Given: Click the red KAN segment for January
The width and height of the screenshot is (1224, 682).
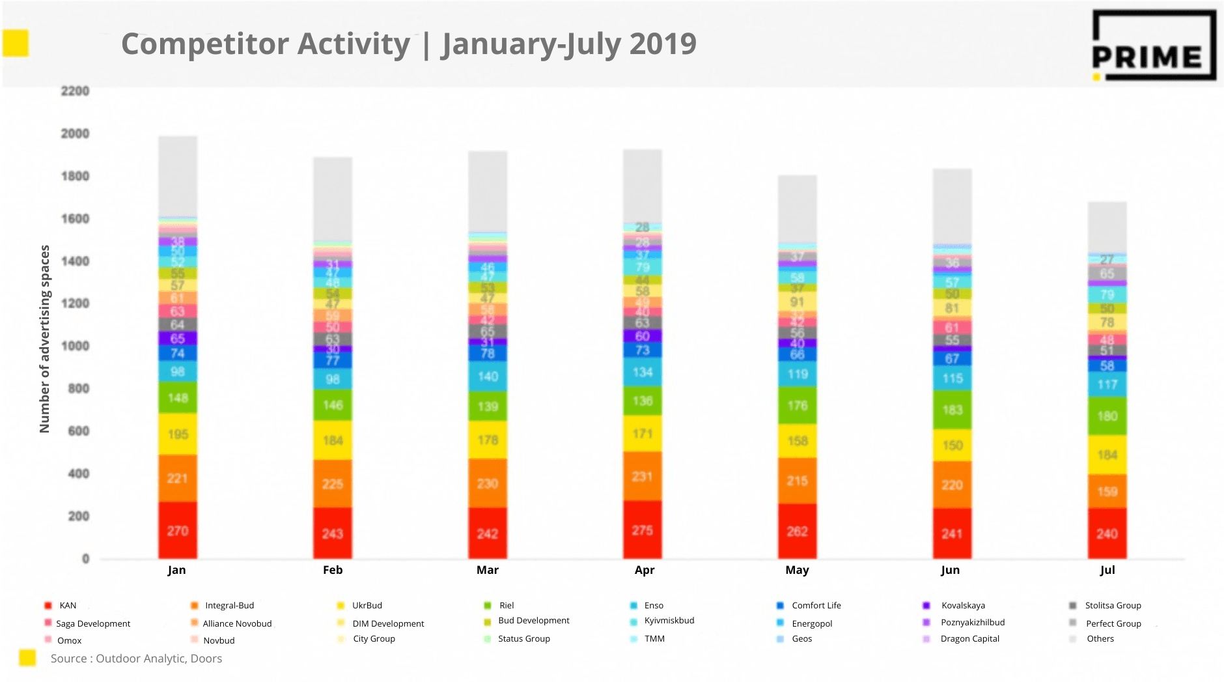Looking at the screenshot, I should coord(178,530).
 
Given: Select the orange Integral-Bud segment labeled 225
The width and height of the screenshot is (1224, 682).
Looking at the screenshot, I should coord(333,483).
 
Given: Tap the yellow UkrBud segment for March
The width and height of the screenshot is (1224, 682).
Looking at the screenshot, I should coord(488,440).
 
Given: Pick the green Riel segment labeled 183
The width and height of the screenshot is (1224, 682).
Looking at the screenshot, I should coord(953,409).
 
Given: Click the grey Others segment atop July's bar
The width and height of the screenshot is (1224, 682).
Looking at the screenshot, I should coord(1107,227).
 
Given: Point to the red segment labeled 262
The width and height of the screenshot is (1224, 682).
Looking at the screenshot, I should coord(798,531).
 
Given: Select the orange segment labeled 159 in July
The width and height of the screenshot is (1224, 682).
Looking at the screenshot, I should coord(1107,491).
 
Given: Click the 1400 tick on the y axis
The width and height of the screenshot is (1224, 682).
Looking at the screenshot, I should coord(75,261).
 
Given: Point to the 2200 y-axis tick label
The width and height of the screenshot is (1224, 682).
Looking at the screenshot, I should coord(75,91).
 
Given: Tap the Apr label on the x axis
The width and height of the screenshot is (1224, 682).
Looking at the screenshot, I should coord(645,570).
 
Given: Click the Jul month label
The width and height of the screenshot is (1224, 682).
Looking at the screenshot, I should coord(1107,570).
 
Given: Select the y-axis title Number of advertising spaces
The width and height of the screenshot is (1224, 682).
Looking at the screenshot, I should coord(44,339).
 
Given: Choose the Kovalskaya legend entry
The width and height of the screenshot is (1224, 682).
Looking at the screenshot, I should coord(962,605).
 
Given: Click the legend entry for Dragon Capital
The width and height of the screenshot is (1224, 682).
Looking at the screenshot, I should coord(969,638).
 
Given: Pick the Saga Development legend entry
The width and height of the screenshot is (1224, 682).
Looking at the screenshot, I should coord(92,623).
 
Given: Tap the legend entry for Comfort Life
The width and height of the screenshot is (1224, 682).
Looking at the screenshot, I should coord(816,605).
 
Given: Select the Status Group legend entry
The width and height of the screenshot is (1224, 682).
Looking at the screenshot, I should coord(523,638).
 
